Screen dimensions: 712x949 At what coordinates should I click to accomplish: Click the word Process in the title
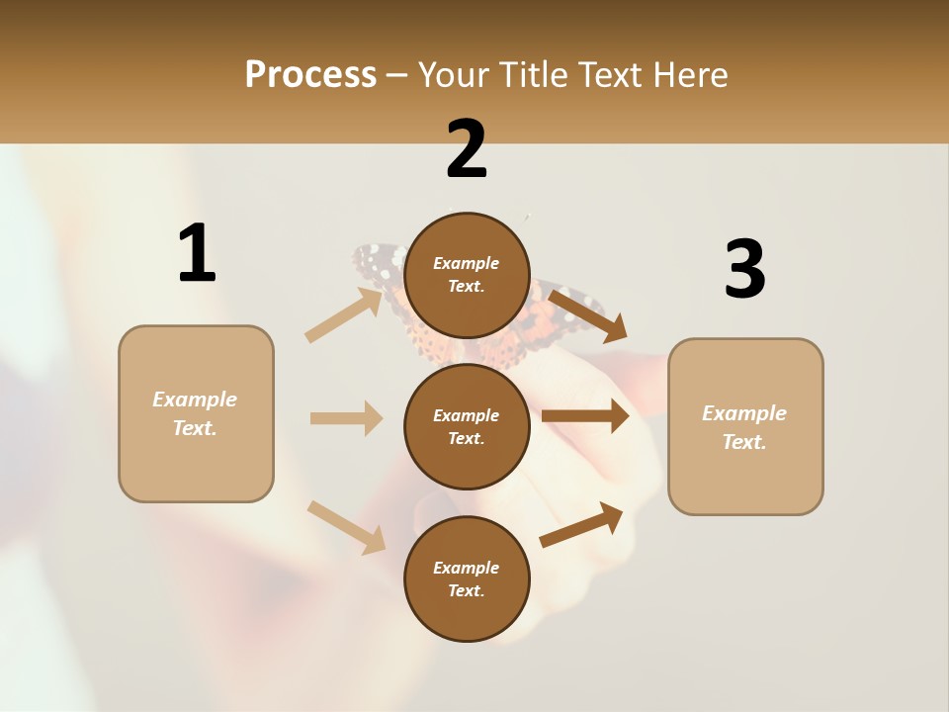click(310, 74)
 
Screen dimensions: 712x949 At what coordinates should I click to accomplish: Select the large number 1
click(197, 254)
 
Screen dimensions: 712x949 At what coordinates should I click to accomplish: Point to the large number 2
click(467, 149)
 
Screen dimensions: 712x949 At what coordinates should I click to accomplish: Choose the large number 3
click(744, 270)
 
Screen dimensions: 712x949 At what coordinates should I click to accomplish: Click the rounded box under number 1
click(196, 413)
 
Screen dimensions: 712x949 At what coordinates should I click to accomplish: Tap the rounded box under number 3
click(745, 426)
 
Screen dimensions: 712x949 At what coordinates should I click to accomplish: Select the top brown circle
click(467, 275)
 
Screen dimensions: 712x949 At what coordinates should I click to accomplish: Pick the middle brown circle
click(467, 426)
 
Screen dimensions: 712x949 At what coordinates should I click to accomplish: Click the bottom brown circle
click(467, 578)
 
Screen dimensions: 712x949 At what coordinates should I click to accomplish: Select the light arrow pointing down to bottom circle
click(346, 526)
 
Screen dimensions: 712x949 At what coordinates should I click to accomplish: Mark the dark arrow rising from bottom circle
click(581, 525)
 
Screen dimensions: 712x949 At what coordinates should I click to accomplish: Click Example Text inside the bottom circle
click(467, 578)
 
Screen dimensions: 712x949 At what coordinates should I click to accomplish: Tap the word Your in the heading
click(456, 74)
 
